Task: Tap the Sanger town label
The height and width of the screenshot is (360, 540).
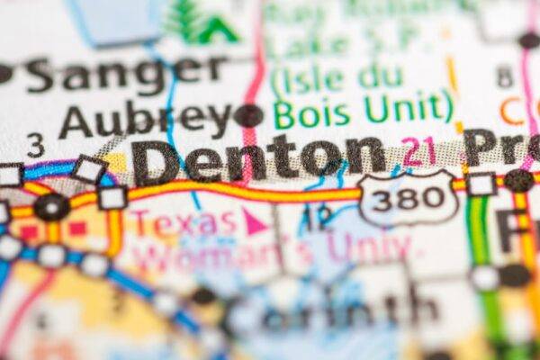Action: coord(125,75)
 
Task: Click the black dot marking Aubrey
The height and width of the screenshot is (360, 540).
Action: coord(248,116)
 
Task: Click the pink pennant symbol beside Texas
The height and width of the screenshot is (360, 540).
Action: coord(256,221)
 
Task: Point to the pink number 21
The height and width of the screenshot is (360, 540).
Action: coord(419,151)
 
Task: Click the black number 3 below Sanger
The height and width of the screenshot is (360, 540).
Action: coord(35,143)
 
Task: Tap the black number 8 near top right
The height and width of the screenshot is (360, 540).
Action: coord(504,76)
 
